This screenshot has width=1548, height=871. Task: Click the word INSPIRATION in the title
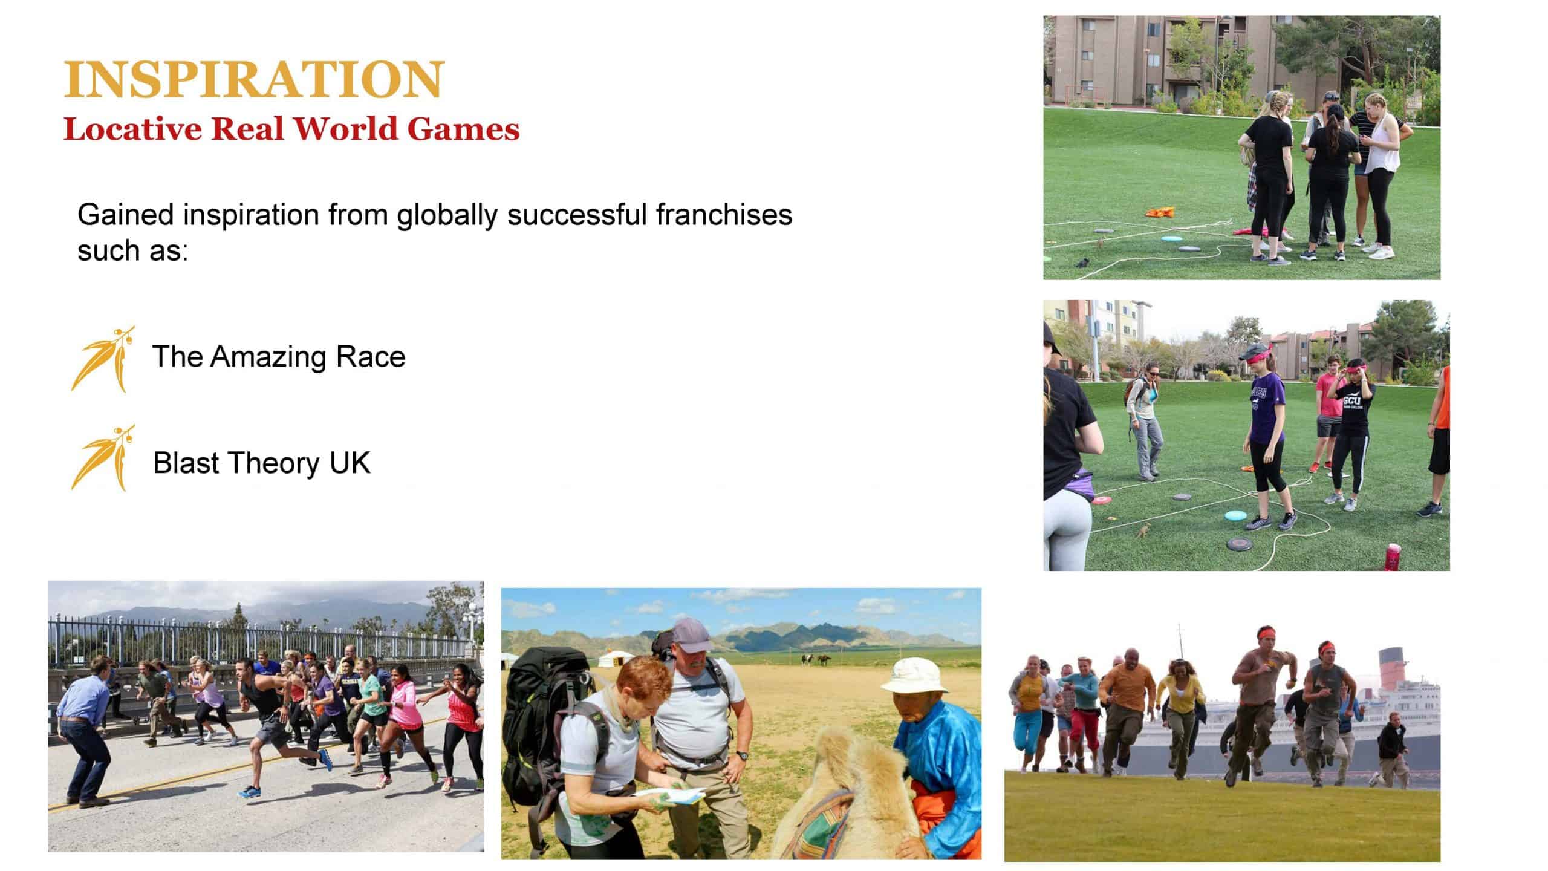(x=254, y=79)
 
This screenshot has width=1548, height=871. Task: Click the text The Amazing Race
(x=279, y=356)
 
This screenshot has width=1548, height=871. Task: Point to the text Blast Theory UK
(x=262, y=463)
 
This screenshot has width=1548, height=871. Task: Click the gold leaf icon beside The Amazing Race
(x=102, y=359)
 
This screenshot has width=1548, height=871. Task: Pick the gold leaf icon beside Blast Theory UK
(x=102, y=458)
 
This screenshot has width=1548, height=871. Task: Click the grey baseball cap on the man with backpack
(x=691, y=633)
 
